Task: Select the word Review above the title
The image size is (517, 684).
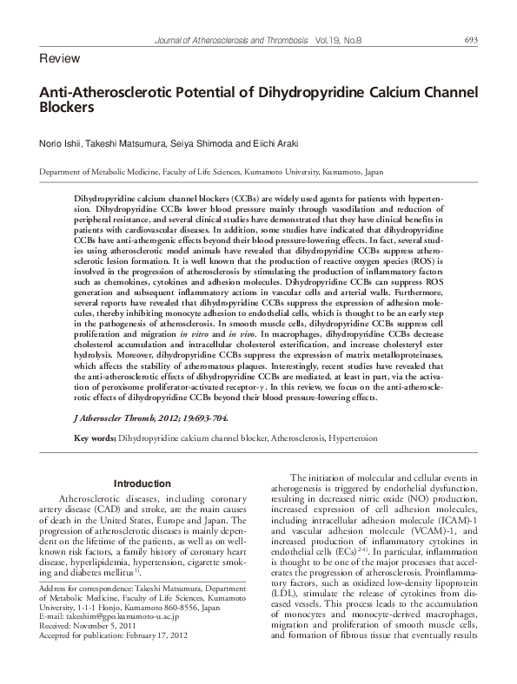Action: [x=60, y=58]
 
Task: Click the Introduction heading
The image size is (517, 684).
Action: [x=143, y=483]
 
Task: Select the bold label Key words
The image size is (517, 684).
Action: [x=96, y=439]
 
